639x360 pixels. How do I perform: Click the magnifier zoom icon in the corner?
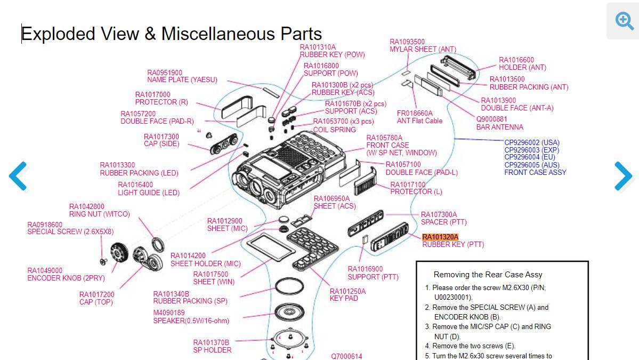[624, 21]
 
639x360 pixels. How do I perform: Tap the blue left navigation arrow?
[18, 175]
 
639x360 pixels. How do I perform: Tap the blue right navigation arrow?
[622, 175]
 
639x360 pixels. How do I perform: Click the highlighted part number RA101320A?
[440, 237]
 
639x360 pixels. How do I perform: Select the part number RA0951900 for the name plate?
[165, 73]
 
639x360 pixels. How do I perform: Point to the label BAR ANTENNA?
[499, 127]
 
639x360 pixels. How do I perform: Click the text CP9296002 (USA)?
[532, 143]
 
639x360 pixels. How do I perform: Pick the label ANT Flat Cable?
[419, 121]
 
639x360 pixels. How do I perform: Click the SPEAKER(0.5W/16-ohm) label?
[191, 321]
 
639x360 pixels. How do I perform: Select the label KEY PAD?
[344, 299]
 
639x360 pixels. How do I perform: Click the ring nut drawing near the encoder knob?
[158, 244]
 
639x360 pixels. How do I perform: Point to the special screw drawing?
[103, 261]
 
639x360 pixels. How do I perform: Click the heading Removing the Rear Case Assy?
[488, 275]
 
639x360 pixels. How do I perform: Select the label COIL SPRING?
[334, 130]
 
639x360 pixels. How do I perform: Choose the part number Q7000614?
[346, 356]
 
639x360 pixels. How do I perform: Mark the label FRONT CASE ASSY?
[535, 172]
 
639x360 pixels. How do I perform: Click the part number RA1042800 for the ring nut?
[87, 207]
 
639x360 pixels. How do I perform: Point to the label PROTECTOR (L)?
[416, 192]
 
